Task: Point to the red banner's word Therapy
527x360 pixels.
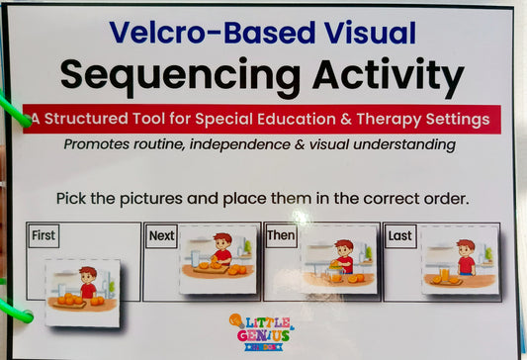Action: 386,119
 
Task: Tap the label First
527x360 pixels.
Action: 44,236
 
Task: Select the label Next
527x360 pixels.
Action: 161,236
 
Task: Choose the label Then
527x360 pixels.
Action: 281,236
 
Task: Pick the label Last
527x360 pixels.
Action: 399,236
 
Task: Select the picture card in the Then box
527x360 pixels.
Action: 339,259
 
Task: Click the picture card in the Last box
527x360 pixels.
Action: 459,258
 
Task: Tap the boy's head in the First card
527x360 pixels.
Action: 88,274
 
